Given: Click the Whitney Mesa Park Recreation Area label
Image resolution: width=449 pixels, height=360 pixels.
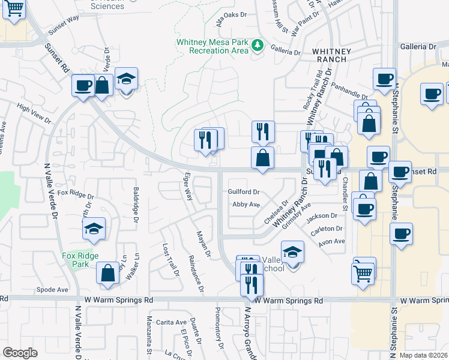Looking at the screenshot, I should pos(212,46).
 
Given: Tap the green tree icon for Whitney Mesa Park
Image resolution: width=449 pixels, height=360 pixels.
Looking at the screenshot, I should pos(258,46).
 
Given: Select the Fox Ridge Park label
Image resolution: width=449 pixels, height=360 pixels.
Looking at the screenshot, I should pos(79,259).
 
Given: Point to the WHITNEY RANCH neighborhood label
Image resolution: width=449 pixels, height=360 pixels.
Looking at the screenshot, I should pos(330,55).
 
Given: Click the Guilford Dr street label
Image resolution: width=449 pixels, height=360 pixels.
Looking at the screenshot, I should pos(243,193).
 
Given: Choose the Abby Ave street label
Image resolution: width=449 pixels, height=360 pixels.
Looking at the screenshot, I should pos(246,205).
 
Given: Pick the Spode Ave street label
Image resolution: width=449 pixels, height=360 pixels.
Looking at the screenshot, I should pos(52,289).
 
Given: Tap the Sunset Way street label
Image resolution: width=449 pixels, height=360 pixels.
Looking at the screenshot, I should pos(64,35).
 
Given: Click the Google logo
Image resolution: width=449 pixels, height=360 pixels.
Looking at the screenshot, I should pos(20,353).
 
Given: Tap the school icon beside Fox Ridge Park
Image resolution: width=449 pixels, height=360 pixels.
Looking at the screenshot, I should pos(94,229).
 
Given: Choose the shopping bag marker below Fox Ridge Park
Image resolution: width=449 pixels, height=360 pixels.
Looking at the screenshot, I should pos(108,273).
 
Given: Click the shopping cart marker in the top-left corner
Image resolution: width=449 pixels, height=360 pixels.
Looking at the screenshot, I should pos(14,10).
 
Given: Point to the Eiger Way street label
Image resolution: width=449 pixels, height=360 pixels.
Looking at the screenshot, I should pos(187,187).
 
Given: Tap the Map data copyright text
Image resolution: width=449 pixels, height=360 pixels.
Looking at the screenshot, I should pos(424,355).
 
